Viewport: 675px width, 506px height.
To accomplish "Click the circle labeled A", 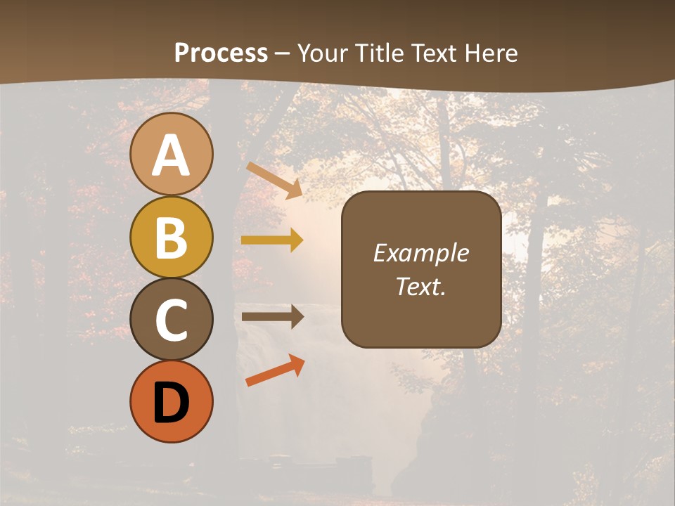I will (171, 154).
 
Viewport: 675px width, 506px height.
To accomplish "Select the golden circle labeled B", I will (171, 237).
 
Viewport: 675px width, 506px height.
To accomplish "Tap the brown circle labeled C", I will (171, 320).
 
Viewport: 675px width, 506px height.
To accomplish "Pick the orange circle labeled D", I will (171, 401).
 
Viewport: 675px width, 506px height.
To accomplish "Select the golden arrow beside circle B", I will (271, 240).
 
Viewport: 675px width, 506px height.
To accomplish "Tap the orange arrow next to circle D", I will (274, 371).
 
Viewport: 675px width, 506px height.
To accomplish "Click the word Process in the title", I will (221, 53).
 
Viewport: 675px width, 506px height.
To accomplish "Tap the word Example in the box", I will (420, 253).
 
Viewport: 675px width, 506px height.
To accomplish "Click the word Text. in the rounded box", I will (420, 286).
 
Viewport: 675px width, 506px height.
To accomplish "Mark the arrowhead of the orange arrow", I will (297, 363).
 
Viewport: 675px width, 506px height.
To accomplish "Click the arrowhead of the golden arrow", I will (296, 240).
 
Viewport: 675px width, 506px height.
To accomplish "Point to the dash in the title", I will (282, 53).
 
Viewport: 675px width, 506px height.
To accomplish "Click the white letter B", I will (171, 237).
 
